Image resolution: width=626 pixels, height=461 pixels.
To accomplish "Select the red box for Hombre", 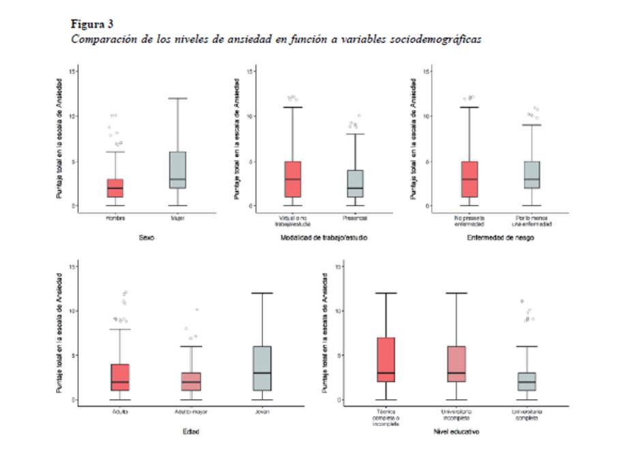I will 115,188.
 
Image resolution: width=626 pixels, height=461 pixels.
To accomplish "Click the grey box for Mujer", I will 178,169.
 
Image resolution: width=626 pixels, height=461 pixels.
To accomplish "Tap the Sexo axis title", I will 147,238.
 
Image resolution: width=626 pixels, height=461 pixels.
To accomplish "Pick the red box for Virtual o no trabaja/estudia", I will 292,179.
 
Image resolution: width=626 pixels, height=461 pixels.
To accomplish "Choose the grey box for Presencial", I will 355,183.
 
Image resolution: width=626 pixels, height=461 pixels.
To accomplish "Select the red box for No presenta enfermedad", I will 469,179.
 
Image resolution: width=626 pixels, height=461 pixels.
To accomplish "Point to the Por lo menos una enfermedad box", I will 533,174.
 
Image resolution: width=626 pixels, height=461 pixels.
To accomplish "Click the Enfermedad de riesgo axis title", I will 501,238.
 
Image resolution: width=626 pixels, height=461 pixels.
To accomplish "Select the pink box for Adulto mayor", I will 191,382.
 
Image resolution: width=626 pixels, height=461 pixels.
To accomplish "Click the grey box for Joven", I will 263,368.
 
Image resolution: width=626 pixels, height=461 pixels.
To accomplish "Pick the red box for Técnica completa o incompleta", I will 385,359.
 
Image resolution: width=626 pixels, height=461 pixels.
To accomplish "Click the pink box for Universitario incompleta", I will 456,364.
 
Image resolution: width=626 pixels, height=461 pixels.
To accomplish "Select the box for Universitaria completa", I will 527,382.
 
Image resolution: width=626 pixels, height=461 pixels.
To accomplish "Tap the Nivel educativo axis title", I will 456,432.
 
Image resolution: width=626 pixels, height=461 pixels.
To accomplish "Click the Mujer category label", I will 178,218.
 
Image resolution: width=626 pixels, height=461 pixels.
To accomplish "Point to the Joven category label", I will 263,412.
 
